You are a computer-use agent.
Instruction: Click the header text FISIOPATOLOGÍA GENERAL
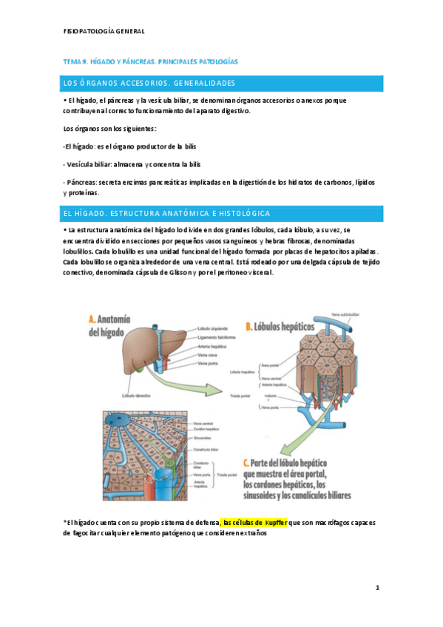pyautogui.click(x=104, y=32)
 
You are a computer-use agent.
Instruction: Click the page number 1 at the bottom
pyautogui.click(x=377, y=588)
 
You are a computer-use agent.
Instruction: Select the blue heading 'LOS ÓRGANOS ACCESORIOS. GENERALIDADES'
pyautogui.click(x=150, y=82)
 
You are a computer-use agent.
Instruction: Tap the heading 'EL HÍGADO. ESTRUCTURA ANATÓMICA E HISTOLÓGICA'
pyautogui.click(x=167, y=214)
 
